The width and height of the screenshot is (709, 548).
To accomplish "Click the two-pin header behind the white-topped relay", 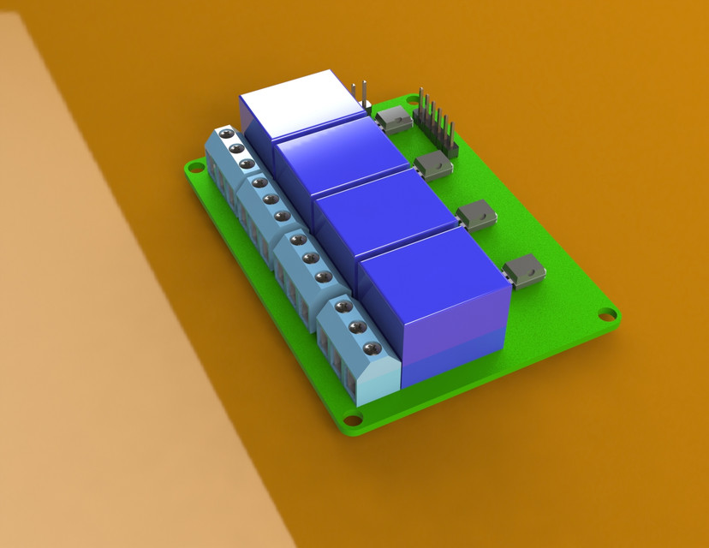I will (x=360, y=96).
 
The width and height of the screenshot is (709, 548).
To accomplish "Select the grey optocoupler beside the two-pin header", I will (x=394, y=118).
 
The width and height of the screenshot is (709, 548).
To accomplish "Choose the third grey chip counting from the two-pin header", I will (x=476, y=215).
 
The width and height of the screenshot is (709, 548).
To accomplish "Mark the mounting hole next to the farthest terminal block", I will (x=192, y=168).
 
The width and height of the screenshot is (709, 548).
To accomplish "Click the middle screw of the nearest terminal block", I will (x=358, y=327).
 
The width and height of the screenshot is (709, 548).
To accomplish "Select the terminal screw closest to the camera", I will (x=372, y=348).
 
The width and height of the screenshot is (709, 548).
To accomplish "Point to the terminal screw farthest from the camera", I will (x=226, y=134).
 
